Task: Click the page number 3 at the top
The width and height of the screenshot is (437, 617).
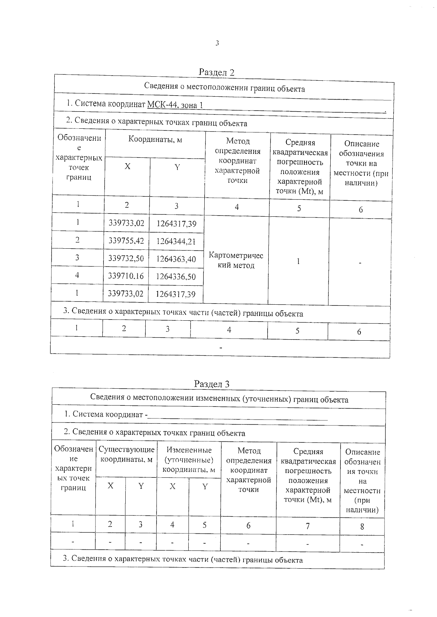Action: coord(217,43)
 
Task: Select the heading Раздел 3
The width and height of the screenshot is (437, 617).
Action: coord(212,384)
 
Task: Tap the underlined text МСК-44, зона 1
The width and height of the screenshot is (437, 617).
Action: coord(175,105)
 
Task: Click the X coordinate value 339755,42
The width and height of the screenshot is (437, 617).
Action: coord(126,241)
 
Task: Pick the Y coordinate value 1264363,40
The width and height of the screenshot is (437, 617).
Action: coord(176,259)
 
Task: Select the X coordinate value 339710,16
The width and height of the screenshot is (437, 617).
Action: coord(126,276)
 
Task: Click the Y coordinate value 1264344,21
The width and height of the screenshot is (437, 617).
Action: coord(176,241)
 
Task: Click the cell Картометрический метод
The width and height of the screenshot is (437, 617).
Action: coord(236,260)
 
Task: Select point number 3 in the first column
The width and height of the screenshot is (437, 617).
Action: coord(77,257)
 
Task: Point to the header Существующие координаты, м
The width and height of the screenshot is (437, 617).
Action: coord(126,454)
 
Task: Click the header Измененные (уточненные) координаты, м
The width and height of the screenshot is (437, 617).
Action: coord(189,460)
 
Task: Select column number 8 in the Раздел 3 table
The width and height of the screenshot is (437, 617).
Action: coord(362,526)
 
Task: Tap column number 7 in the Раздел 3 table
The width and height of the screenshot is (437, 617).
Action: coord(308,526)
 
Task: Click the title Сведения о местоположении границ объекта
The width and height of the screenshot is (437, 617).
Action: coord(224,88)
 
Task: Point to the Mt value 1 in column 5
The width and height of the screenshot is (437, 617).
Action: coord(298,261)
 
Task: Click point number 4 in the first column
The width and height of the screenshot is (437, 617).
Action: coord(77,275)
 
